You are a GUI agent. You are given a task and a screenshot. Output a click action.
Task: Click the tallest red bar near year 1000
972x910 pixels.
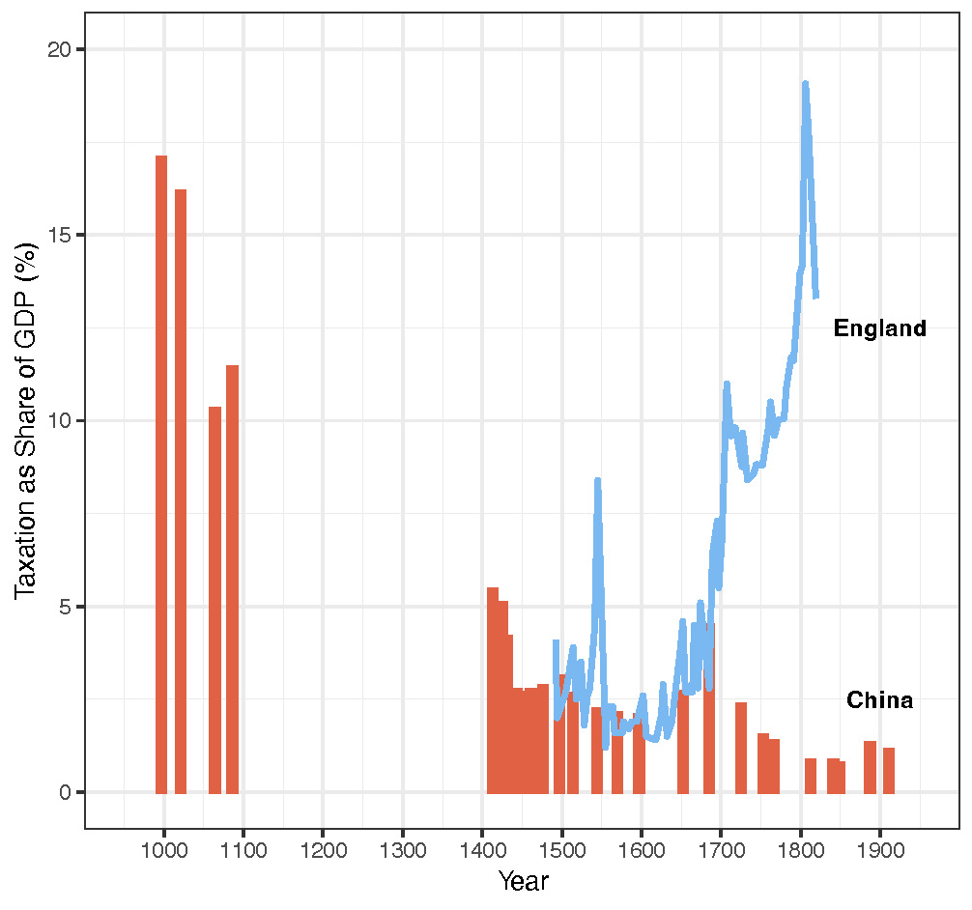click(161, 474)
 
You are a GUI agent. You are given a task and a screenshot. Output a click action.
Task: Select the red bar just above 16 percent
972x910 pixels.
click(181, 492)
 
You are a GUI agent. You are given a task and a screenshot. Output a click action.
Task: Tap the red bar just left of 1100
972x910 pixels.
click(233, 580)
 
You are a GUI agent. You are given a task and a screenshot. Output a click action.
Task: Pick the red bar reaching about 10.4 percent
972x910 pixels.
click(215, 600)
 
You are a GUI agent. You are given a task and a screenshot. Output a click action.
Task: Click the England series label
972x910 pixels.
click(879, 327)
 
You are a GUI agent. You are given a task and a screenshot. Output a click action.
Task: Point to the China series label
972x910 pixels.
click(879, 699)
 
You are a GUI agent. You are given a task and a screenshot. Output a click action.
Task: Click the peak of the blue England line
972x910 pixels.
click(805, 82)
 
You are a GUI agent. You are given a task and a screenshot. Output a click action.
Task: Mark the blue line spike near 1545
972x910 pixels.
click(597, 479)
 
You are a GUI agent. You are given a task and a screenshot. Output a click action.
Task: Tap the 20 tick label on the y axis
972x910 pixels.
click(60, 49)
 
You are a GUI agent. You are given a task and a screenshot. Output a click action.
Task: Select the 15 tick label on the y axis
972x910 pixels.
click(60, 235)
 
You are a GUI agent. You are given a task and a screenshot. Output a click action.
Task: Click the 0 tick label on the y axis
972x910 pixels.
click(66, 792)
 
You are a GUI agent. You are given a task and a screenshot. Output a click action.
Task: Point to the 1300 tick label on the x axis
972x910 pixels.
click(403, 850)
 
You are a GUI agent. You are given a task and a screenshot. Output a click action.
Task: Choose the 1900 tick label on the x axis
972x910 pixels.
click(881, 850)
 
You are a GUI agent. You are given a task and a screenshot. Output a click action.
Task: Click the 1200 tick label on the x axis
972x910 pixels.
click(323, 850)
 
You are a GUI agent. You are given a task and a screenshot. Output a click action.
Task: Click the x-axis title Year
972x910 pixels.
click(524, 881)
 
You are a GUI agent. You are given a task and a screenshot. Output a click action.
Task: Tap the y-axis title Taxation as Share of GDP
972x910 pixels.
click(26, 421)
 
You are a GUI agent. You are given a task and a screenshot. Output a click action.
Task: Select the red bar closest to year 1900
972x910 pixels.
click(870, 767)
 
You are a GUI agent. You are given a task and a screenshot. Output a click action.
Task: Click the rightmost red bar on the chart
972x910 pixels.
click(889, 771)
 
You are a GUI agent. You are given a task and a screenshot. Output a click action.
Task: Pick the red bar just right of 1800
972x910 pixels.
click(811, 776)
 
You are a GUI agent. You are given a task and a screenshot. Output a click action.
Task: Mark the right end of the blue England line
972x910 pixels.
click(816, 297)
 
